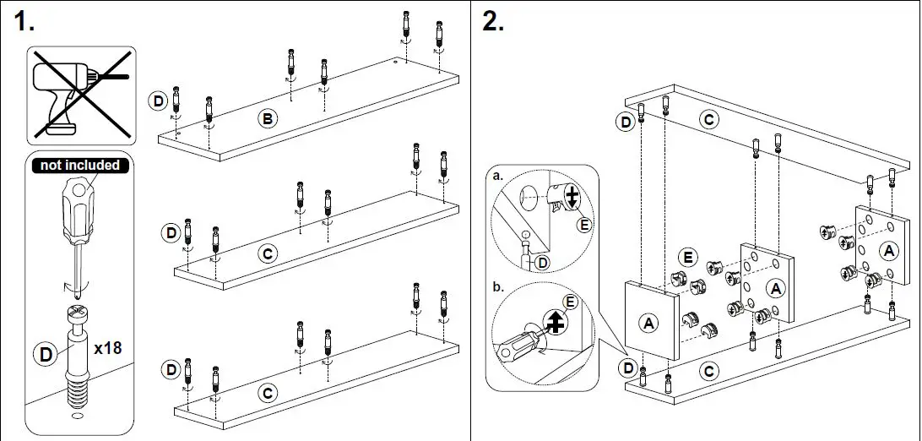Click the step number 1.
click(x=24, y=23)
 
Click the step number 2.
click(x=493, y=23)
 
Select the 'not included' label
click(x=81, y=165)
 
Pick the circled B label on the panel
click(x=267, y=120)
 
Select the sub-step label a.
click(x=497, y=176)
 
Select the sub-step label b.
click(x=497, y=287)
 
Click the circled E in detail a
click(x=582, y=224)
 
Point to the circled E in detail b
click(x=570, y=301)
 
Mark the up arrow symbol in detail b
click(x=555, y=321)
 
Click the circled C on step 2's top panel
click(x=709, y=119)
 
